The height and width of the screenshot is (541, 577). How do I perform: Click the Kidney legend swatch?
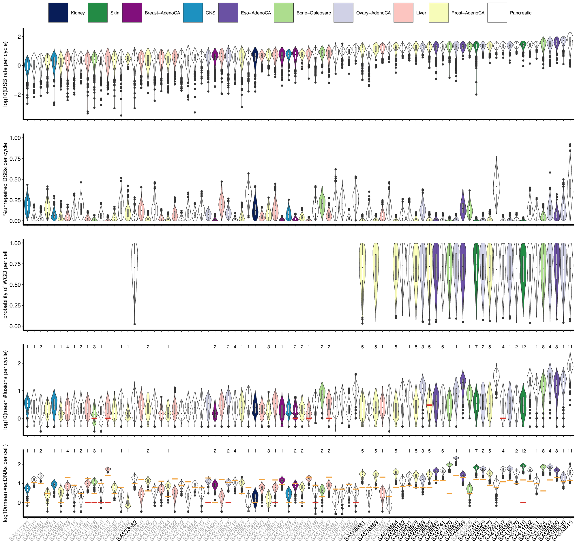[x=58, y=13]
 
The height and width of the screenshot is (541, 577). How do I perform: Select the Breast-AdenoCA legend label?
[x=162, y=13]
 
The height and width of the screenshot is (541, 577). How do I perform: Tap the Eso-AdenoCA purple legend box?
[x=228, y=13]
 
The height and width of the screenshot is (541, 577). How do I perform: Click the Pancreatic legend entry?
[x=520, y=13]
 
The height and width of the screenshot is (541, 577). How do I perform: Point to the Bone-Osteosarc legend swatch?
[x=284, y=13]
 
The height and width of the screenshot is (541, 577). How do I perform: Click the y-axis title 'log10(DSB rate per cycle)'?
[x=5, y=74]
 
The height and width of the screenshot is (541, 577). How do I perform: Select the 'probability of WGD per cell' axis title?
[x=5, y=284]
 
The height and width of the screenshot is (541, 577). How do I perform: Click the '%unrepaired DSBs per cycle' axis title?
[x=5, y=179]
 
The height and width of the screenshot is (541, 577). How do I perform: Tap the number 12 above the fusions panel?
[x=523, y=347]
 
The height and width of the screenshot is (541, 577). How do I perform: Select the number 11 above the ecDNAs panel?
[x=570, y=451]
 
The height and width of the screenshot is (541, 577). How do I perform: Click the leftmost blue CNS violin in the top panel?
[x=27, y=67]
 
